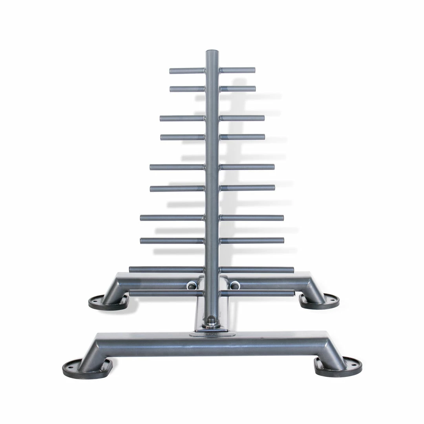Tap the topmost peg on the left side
[187, 71]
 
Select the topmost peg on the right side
[238, 70]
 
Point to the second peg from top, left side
[187, 89]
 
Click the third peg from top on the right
[242, 118]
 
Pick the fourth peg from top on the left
[183, 137]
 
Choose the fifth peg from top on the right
[247, 167]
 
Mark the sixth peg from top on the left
[177, 188]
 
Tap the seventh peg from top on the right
[252, 217]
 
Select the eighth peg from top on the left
[172, 241]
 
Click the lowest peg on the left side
[166, 293]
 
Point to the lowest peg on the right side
[257, 293]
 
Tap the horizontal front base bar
[212, 342]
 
